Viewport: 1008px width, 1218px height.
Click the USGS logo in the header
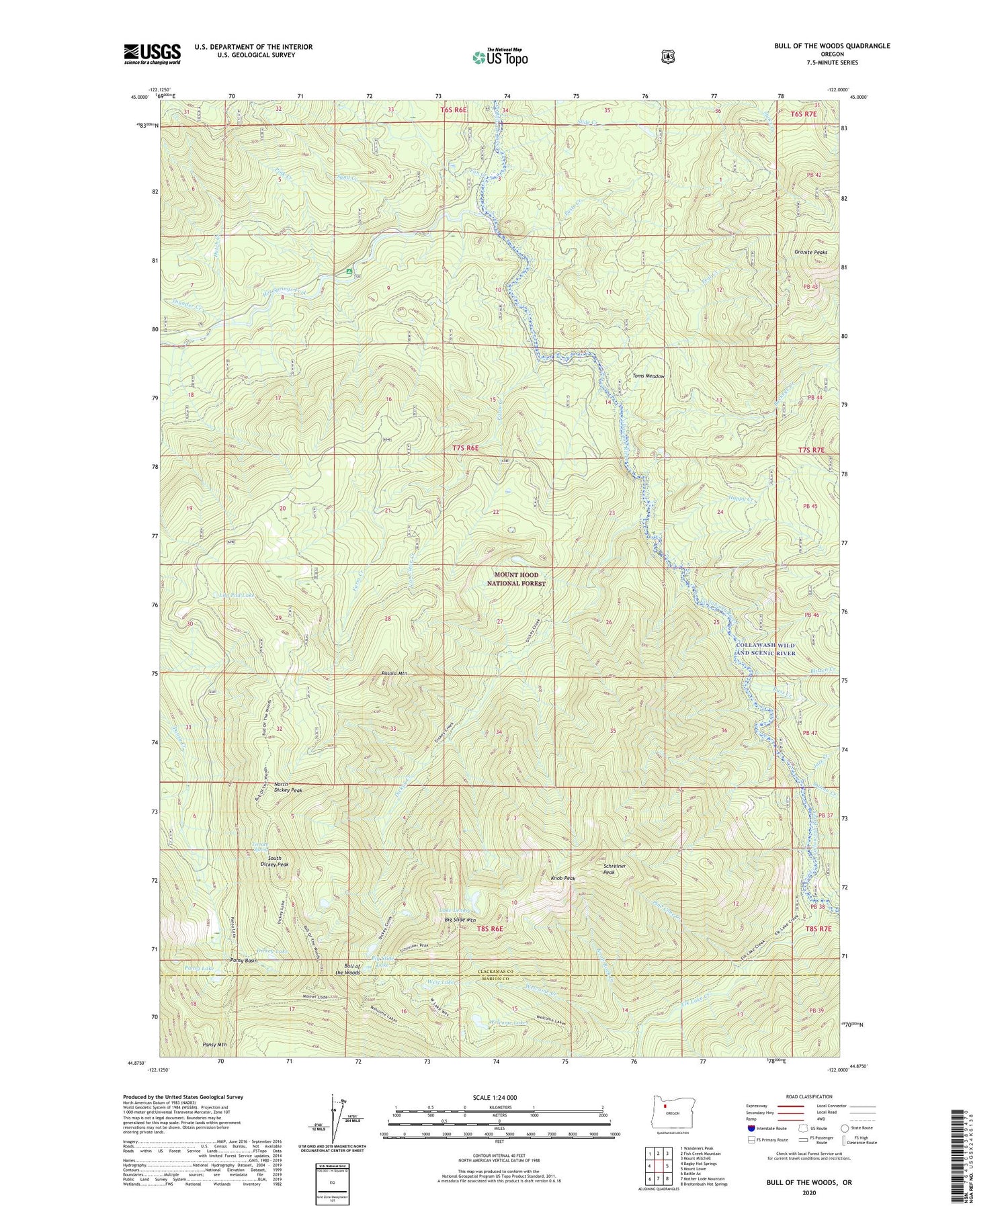point(152,54)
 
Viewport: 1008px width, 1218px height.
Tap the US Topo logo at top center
point(500,57)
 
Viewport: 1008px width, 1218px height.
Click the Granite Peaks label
point(810,253)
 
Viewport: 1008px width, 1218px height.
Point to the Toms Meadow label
point(648,376)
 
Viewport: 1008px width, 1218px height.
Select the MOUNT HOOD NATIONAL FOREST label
point(516,579)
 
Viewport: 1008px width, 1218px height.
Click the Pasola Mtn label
point(394,673)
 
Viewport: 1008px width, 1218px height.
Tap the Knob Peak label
point(563,878)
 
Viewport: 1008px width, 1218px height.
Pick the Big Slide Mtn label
point(460,920)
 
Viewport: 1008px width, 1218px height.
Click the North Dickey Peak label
point(288,787)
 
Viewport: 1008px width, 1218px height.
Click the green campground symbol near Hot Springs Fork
point(348,271)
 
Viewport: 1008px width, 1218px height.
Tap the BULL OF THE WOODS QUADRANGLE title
point(832,46)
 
